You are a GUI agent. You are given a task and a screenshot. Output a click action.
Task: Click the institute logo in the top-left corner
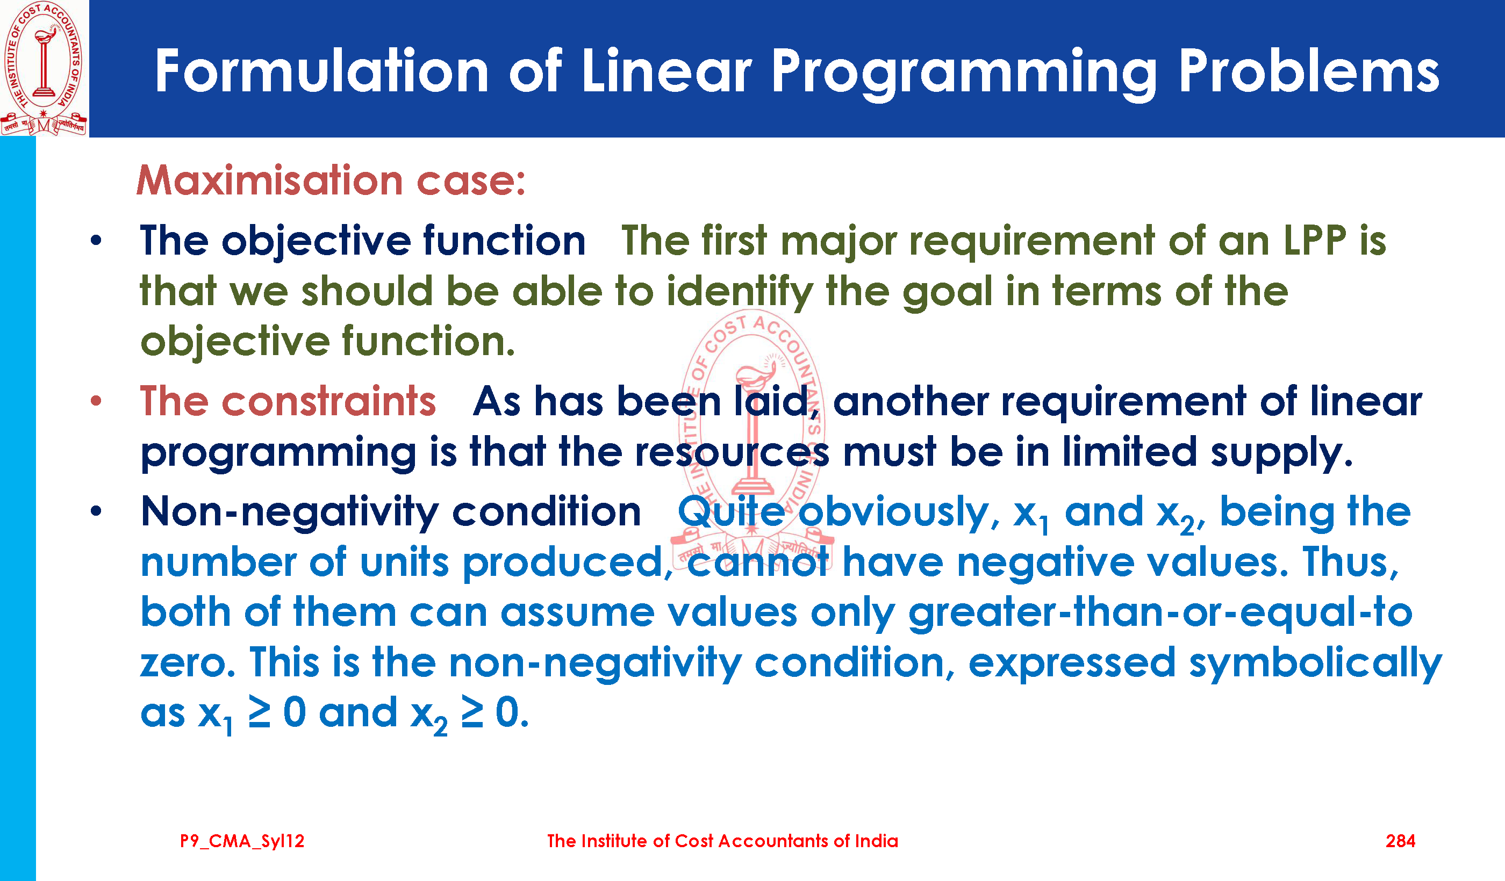click(44, 68)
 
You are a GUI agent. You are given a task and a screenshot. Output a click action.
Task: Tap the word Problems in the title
click(1308, 71)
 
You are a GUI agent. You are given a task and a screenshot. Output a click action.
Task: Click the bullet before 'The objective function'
click(96, 241)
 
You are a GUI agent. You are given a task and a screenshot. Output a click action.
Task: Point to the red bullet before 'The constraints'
click(96, 401)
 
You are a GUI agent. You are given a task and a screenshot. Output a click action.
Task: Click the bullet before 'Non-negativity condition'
click(96, 511)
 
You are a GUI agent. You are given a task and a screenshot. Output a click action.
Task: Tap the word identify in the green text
click(740, 292)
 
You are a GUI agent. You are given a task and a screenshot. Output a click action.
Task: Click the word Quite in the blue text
click(731, 511)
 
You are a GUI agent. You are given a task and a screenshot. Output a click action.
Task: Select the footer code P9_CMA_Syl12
click(242, 842)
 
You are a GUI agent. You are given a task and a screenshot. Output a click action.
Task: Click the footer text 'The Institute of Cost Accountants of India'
click(722, 841)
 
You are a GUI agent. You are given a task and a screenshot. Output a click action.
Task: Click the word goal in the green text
click(947, 292)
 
